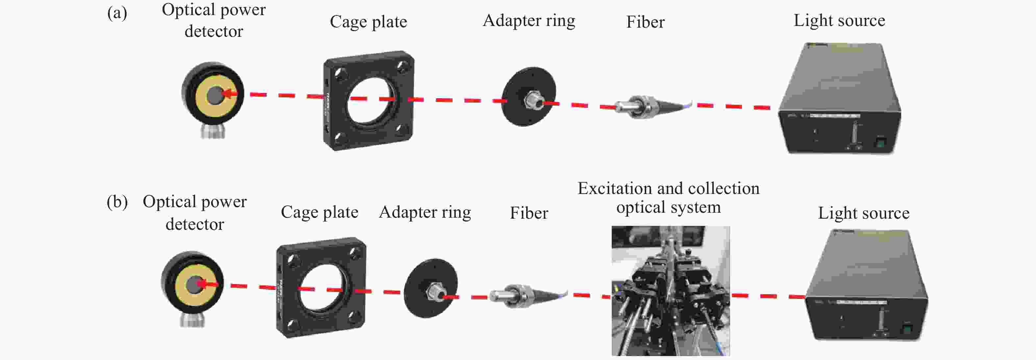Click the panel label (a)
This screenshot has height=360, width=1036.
pos(117,13)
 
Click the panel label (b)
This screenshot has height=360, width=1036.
pos(117,202)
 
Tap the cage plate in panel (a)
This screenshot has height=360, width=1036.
pos(369,101)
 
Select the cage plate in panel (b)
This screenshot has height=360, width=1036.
pos(321,287)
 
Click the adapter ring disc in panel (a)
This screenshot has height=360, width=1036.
pos(529,97)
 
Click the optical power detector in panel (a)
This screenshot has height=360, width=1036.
pos(213,95)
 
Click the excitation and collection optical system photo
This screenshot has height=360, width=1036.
pos(670,290)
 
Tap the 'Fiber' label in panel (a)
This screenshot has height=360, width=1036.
pos(645,22)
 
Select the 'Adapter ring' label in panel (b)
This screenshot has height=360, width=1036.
pos(425,212)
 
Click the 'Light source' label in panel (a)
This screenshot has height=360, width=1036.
pos(839,20)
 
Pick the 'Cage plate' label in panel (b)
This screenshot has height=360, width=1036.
pos(319,212)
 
